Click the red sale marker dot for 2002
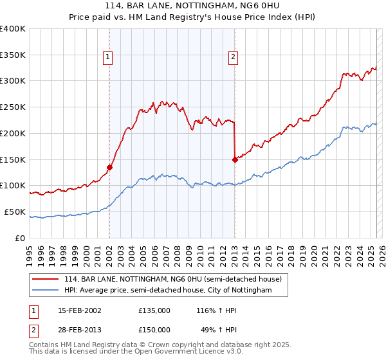109,167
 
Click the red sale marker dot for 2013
235,160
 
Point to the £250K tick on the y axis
13,107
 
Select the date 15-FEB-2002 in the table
80,310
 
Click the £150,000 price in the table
154,329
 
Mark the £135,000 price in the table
154,310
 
